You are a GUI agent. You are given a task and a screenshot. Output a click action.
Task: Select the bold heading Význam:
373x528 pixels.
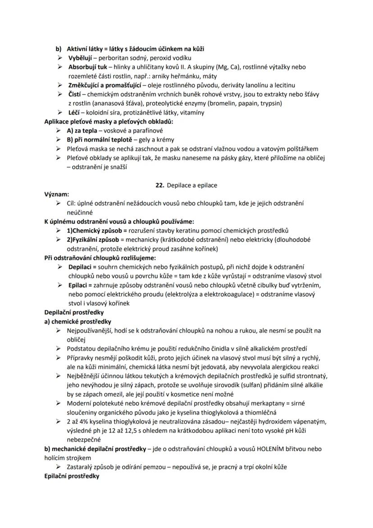(57, 194)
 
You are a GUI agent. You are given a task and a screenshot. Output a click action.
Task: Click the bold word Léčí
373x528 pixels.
(73, 112)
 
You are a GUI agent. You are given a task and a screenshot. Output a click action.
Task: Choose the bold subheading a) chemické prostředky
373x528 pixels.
(78, 321)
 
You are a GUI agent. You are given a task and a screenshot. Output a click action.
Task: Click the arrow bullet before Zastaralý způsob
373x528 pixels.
(59, 467)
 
